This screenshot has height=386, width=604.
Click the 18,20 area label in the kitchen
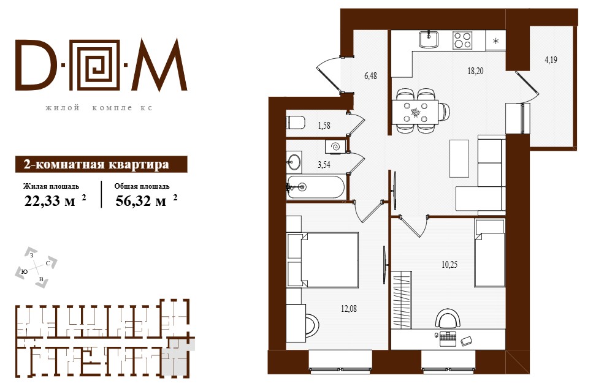[x=475, y=71]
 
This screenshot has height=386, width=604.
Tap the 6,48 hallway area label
[x=370, y=76]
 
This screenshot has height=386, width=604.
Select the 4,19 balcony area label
[x=551, y=60]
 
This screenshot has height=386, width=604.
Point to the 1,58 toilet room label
[x=324, y=126]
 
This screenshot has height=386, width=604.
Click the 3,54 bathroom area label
[x=324, y=165]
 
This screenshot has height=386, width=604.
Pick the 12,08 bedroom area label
[x=349, y=309]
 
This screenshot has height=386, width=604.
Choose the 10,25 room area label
[x=449, y=265]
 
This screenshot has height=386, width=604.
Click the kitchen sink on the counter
[x=429, y=40]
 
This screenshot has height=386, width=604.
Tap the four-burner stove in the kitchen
[x=462, y=40]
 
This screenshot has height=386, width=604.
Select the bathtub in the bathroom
[x=316, y=187]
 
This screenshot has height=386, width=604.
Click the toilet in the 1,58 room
[x=296, y=123]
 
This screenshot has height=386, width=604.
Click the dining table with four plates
[x=415, y=112]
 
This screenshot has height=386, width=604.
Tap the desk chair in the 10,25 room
[x=448, y=317]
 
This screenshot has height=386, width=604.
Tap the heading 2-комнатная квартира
[x=96, y=164]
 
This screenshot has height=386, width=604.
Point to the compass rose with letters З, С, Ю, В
[x=36, y=268]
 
